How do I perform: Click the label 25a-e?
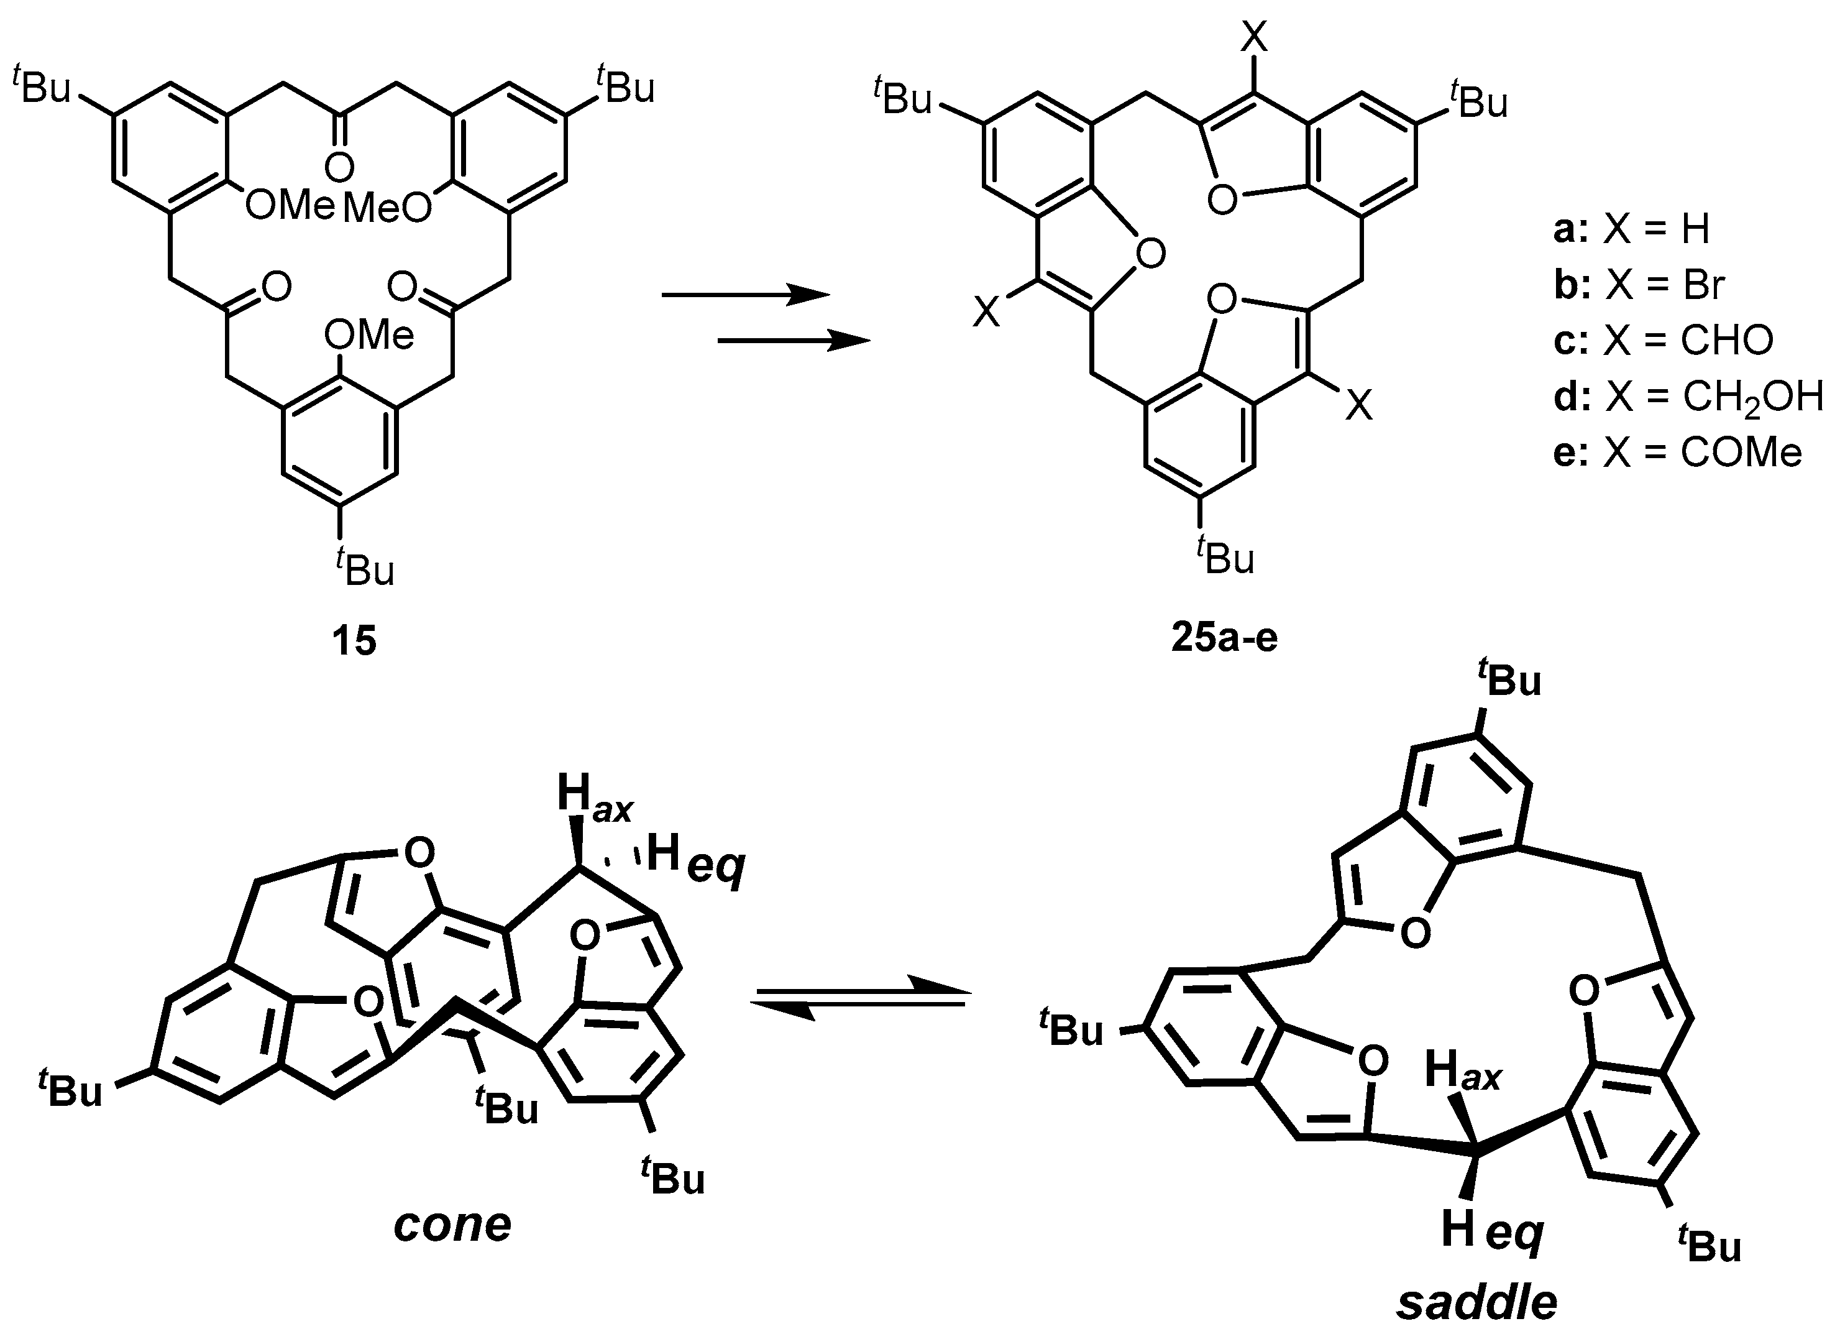(1224, 638)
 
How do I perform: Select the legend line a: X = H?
(1631, 229)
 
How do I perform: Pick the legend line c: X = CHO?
(1663, 340)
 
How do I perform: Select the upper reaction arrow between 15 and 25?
(746, 295)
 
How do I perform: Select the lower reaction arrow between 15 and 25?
(794, 342)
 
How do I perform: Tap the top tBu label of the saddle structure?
(1508, 680)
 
